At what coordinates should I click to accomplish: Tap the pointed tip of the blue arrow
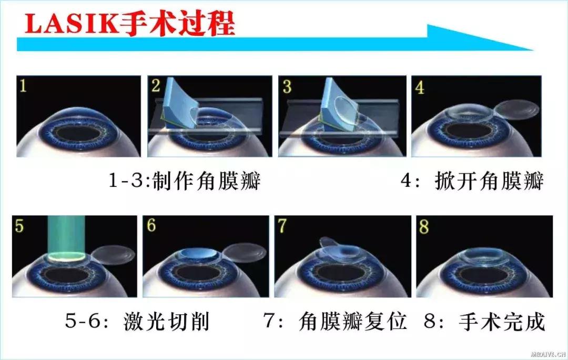[x=532, y=50]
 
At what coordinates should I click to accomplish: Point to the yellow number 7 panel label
[x=283, y=226]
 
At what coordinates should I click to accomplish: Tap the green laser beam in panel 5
[x=66, y=234]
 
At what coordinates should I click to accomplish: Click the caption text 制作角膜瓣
[x=206, y=182]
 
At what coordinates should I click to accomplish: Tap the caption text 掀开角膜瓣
[x=489, y=182]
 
